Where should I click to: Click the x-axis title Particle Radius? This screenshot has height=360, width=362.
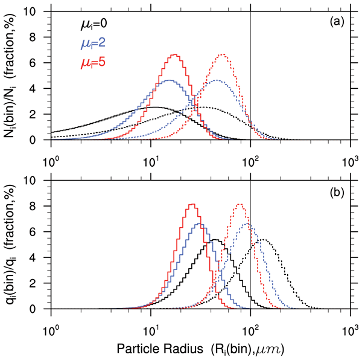pos(191,349)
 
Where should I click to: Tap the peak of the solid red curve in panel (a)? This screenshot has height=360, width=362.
pos(175,55)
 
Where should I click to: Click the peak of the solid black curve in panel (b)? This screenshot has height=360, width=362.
pos(215,240)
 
